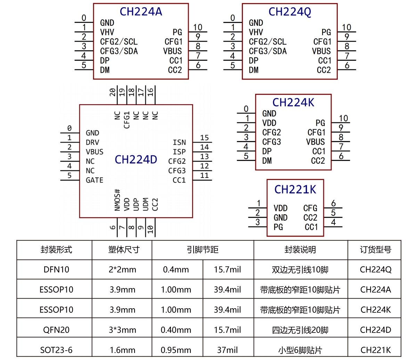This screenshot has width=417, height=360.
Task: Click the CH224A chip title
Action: coord(141,12)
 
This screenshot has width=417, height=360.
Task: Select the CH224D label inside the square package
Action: coord(136,159)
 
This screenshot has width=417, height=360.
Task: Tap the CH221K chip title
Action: coord(295,189)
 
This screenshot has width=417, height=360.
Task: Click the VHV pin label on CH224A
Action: coord(107,32)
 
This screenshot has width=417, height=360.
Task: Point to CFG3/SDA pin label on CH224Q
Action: coord(268,51)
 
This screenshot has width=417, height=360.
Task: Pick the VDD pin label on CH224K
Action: coord(269,123)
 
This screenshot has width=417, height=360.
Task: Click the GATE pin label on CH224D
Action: coord(95,180)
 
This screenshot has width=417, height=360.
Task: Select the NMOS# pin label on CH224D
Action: coord(117,200)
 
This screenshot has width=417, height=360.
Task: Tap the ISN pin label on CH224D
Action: coord(179,142)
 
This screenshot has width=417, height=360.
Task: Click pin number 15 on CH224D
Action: coord(204,138)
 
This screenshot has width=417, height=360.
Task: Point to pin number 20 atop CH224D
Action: coord(113,92)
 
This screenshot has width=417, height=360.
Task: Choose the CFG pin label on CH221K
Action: coord(310,208)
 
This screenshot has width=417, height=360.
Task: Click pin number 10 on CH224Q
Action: coord(346,27)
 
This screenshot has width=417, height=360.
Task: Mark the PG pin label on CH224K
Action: coord(320,123)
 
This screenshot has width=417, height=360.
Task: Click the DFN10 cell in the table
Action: coord(56,270)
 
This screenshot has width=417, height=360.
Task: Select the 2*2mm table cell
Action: coord(122,270)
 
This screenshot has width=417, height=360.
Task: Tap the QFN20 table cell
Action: coord(56,330)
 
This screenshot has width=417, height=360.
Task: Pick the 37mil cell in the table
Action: coord(227,350)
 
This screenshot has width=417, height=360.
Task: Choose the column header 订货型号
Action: coord(375,249)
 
